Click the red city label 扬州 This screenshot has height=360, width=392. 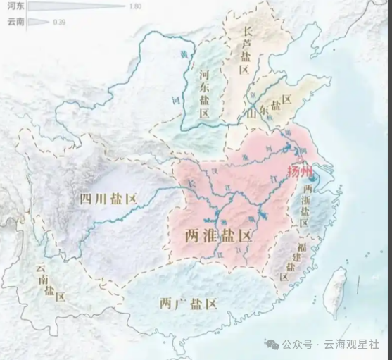click(303, 171)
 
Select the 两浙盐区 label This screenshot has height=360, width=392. click(305, 205)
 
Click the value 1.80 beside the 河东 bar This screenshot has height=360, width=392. click(136, 6)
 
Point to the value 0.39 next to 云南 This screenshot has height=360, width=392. click(60, 23)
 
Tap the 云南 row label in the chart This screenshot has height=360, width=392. click(13, 23)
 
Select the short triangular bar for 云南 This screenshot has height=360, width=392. click(39, 23)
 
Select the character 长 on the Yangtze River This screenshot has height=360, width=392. click(189, 182)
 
